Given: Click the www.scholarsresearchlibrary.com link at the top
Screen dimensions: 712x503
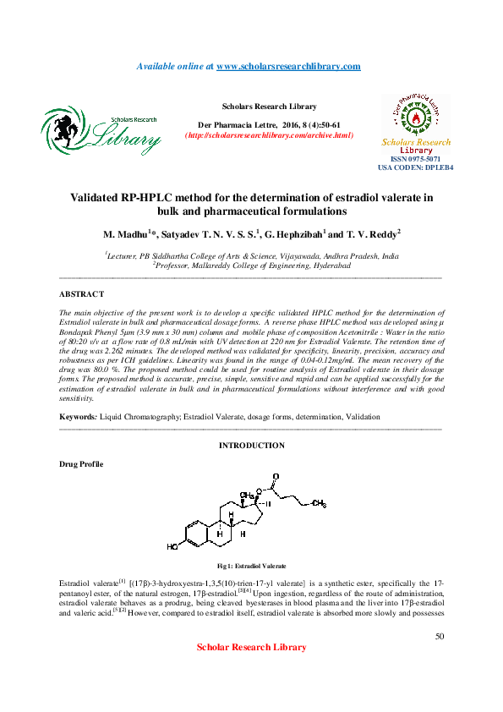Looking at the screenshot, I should (288, 66).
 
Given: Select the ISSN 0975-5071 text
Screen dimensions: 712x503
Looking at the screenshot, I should (415, 159).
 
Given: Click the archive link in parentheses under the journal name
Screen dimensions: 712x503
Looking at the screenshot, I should (269, 135).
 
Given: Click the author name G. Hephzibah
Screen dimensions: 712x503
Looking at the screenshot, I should (293, 233).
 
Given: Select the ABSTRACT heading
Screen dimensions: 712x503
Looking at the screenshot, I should (81, 293).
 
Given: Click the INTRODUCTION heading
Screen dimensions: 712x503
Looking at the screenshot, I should (251, 445).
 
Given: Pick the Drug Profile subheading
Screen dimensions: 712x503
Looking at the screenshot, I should (81, 465).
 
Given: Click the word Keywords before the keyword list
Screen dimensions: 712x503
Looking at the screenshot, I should (77, 417).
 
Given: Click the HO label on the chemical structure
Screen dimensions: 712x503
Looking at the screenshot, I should (172, 547).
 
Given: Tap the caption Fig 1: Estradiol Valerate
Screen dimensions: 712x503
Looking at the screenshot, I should (251, 565).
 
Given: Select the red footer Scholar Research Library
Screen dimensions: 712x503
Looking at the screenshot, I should (251, 647).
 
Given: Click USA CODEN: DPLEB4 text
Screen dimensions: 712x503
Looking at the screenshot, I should (415, 167).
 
